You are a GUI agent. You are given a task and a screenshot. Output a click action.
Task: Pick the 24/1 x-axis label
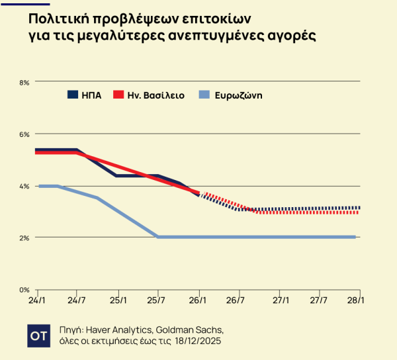[x=38, y=300]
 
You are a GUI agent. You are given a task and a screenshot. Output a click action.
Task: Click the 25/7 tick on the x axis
[x=158, y=300]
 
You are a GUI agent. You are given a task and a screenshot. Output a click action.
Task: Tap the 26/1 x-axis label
[x=198, y=300]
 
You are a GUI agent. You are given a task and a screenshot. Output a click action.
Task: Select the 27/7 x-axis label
[x=320, y=300]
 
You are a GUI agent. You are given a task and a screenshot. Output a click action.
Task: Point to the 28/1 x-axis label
[x=359, y=300]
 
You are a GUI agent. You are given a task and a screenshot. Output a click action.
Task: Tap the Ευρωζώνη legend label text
[x=239, y=95]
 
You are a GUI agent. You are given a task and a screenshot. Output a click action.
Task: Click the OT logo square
[x=38, y=336]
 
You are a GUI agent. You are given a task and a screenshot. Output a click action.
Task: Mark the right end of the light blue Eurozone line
[x=356, y=237]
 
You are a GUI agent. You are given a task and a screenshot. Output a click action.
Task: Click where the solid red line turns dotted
[x=199, y=193]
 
